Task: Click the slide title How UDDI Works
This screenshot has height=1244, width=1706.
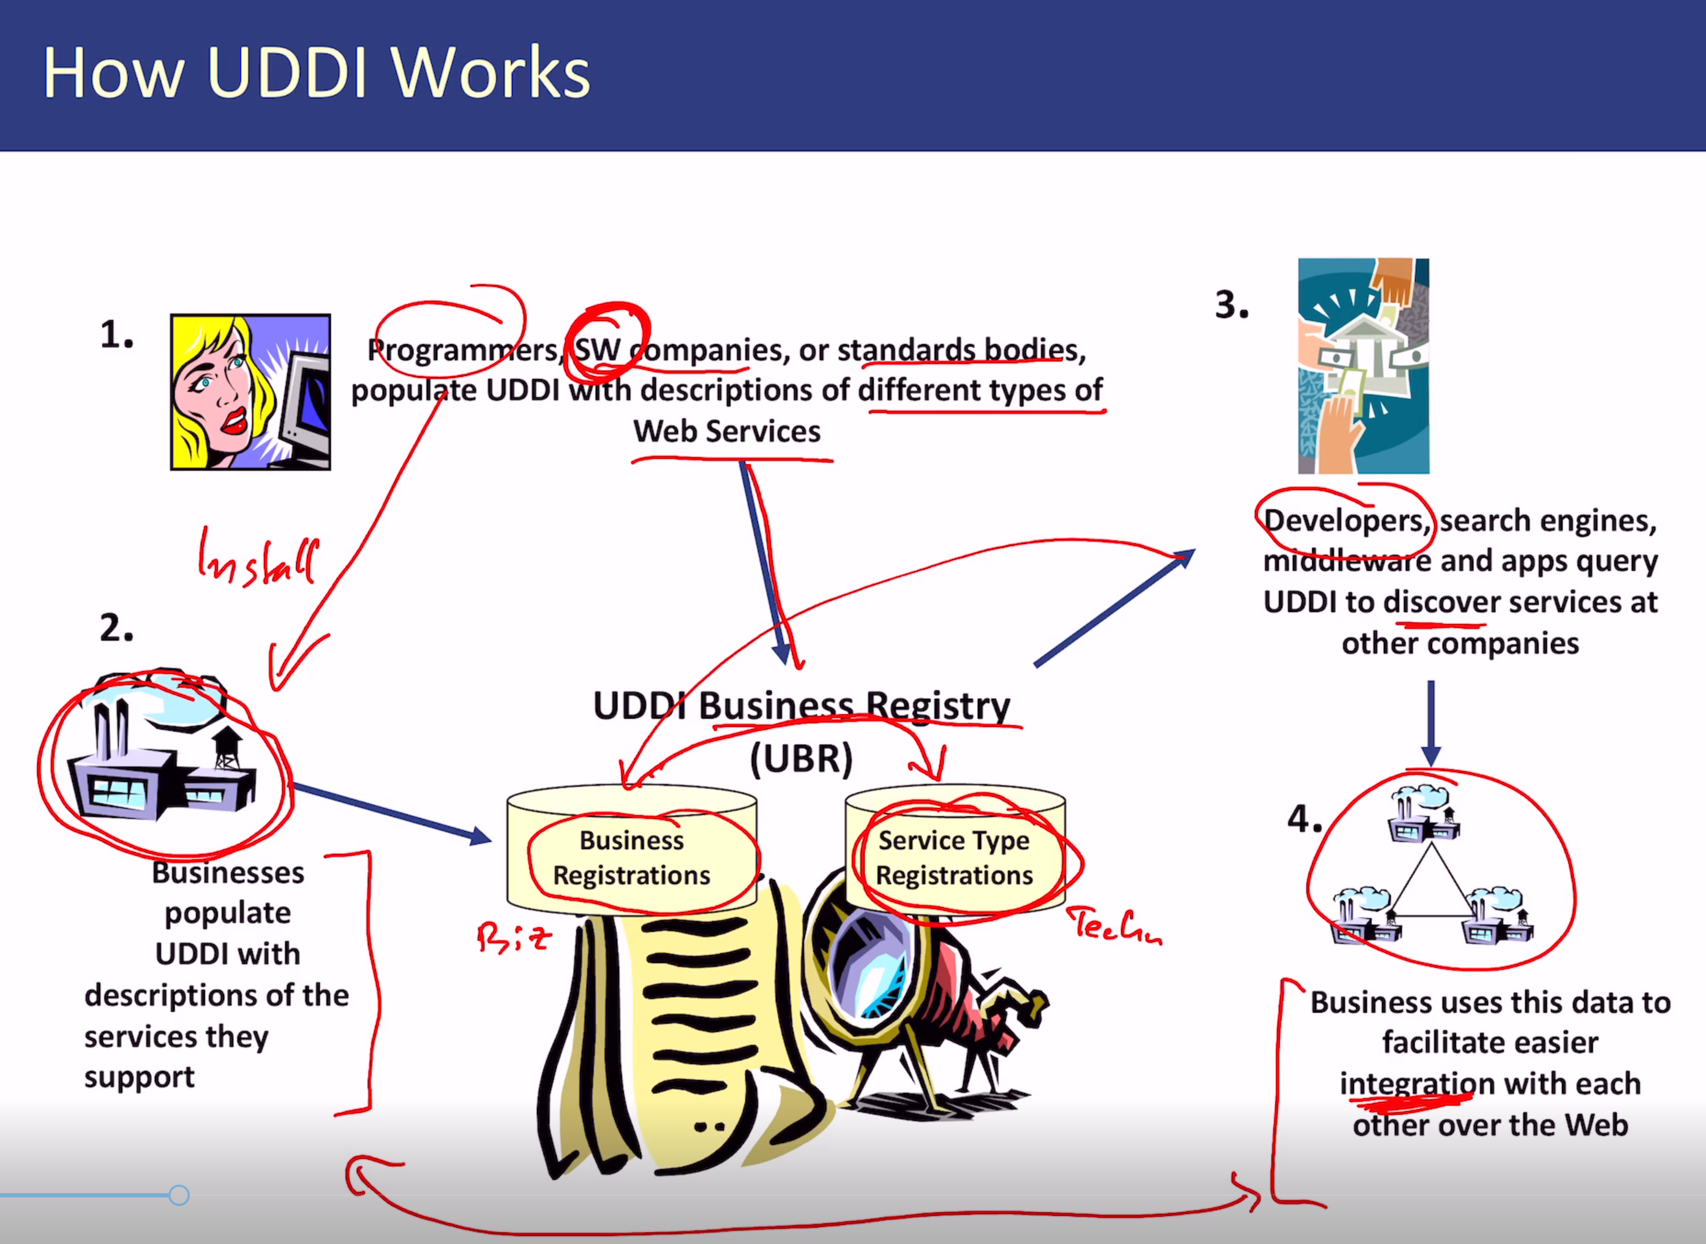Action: (x=316, y=73)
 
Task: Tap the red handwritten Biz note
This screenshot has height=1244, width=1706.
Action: (x=514, y=938)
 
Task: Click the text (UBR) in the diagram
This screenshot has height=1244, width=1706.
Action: (x=801, y=758)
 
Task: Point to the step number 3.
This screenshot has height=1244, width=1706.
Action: (x=1231, y=305)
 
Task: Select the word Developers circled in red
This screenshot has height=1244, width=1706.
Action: (x=1345, y=521)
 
